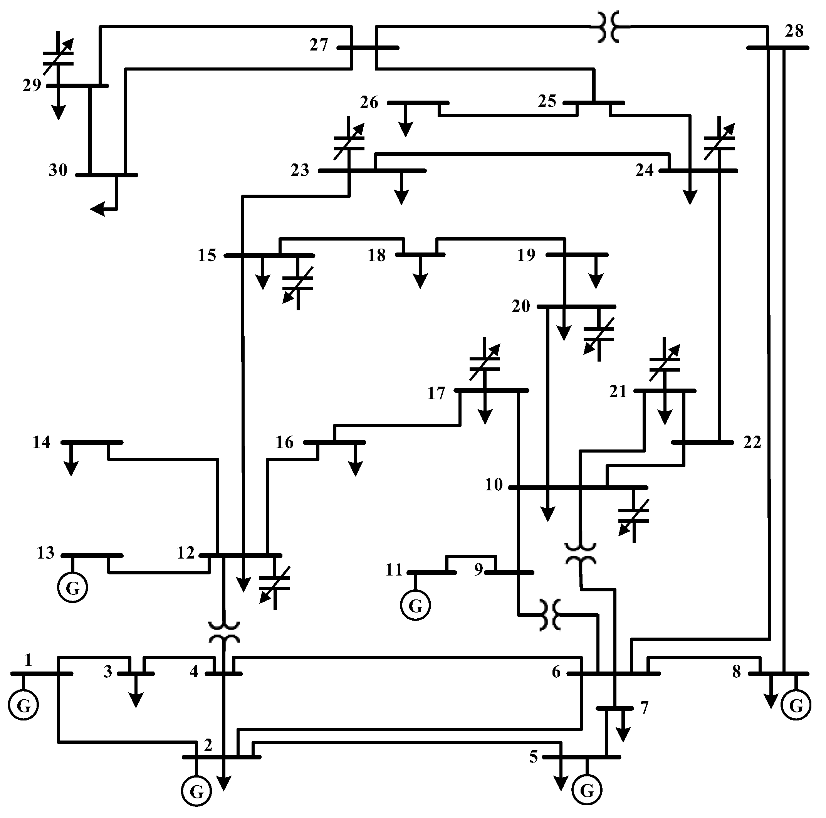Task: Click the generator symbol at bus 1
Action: point(24,705)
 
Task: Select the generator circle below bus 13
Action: point(73,588)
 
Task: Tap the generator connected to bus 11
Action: point(415,605)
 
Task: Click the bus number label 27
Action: point(319,45)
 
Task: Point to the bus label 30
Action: point(58,170)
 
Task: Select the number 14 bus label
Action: point(42,442)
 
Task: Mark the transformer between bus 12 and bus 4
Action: point(223,633)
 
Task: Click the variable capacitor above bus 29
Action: point(59,58)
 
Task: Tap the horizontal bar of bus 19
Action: point(577,255)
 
